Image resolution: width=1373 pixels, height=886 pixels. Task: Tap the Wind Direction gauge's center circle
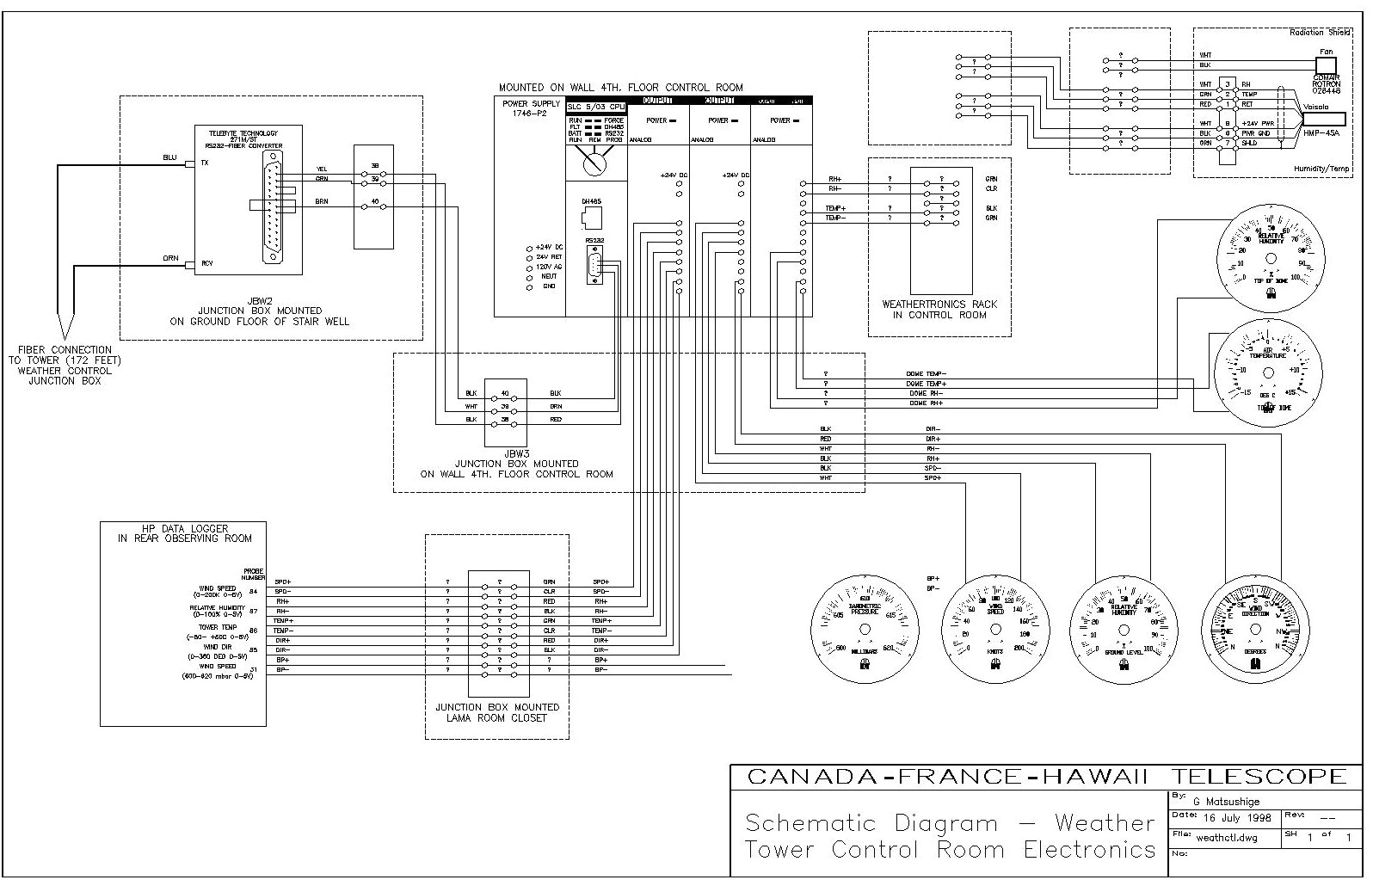coord(1254,631)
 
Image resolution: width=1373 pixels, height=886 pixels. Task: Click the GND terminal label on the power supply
coord(548,286)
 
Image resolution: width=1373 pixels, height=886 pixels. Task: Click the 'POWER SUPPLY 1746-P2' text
coord(530,108)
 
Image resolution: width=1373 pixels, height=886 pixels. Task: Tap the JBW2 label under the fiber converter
coord(259,300)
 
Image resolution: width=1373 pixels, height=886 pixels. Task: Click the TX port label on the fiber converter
coord(205,163)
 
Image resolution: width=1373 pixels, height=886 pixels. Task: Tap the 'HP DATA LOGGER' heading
coord(185,528)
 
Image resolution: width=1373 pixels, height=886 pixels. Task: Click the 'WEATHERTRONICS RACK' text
coord(939,304)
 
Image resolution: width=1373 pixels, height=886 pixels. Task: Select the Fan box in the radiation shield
coord(1326,64)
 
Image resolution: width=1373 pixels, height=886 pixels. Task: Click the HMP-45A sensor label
coord(1322,133)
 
